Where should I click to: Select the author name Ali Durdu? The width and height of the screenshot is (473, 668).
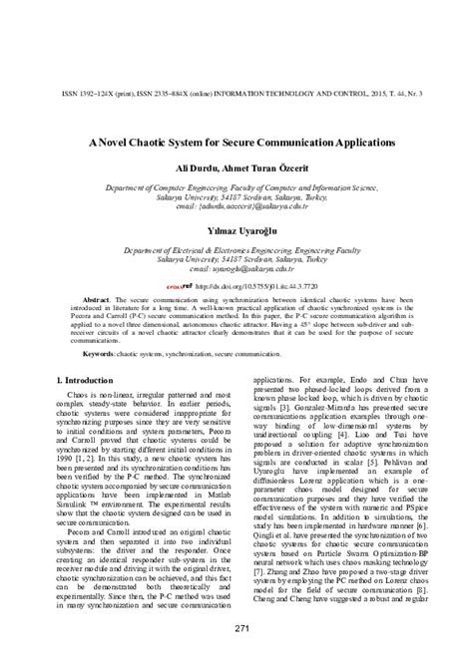[196, 170]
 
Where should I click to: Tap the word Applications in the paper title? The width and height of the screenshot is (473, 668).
[353, 143]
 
